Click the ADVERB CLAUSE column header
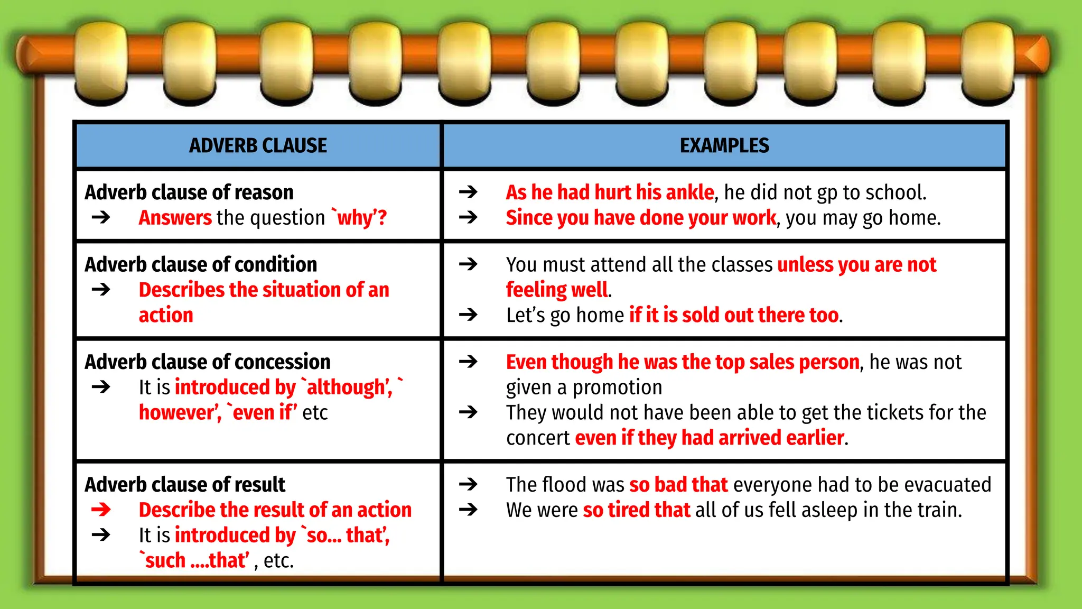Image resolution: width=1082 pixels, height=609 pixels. (258, 145)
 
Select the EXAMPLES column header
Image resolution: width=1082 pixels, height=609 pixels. (724, 145)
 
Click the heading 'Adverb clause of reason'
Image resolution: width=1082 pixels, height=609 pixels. (189, 192)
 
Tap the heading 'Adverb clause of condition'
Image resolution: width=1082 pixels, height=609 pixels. (201, 264)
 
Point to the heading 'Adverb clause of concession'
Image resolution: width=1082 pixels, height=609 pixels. (208, 362)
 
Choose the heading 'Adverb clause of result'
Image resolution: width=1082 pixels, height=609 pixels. (185, 485)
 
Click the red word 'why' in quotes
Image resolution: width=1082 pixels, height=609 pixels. (355, 218)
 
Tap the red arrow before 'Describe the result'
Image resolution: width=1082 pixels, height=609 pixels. (101, 510)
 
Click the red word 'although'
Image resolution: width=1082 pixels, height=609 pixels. (349, 387)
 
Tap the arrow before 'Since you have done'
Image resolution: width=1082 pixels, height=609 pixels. (468, 217)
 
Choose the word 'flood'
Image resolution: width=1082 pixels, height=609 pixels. (564, 485)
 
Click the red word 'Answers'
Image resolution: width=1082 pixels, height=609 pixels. (175, 218)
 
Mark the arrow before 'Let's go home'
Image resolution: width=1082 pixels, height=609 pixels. (468, 315)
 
